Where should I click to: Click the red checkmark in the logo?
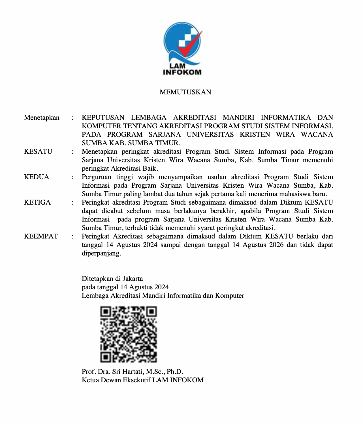pyautogui.click(x=189, y=46)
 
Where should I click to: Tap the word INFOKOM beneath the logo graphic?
pyautogui.click(x=182, y=72)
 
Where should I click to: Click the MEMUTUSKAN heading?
pyautogui.click(x=185, y=92)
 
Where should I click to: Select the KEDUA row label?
pyautogui.click(x=37, y=177)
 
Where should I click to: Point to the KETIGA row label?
pyautogui.click(x=37, y=203)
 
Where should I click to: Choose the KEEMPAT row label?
pyautogui.click(x=41, y=237)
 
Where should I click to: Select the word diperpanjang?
pyautogui.click(x=101, y=253)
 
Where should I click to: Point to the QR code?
pyautogui.click(x=129, y=334)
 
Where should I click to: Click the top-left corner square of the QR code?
pyautogui.click(x=106, y=312)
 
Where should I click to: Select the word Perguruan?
pyautogui.click(x=97, y=177)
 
